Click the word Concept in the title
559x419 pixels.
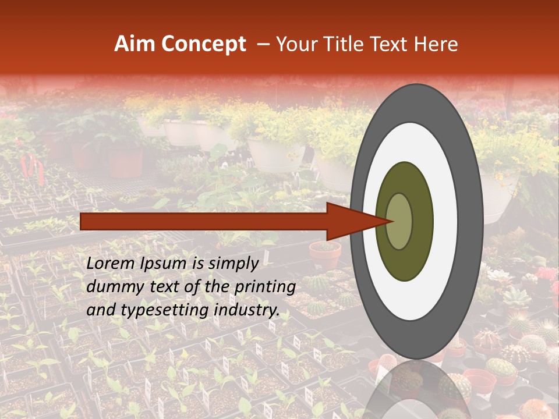tap(203, 44)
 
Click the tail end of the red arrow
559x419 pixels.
tap(82, 222)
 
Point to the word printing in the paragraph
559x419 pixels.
tap(266, 287)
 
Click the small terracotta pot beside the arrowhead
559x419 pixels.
tap(325, 255)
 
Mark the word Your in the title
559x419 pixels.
tap(294, 44)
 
